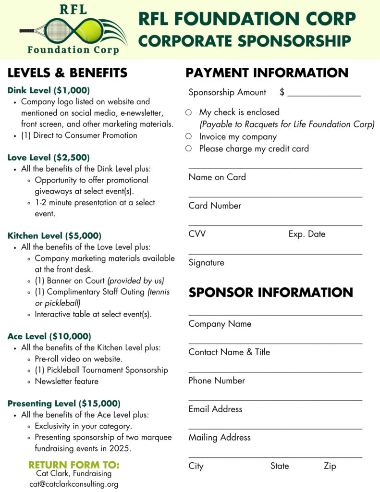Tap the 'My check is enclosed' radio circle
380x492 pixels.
pyautogui.click(x=189, y=112)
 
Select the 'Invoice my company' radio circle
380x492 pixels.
pyautogui.click(x=189, y=136)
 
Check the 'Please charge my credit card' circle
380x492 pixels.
pyautogui.click(x=189, y=148)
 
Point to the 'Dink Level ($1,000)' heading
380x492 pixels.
pyautogui.click(x=49, y=90)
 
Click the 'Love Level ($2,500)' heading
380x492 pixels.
pyautogui.click(x=49, y=157)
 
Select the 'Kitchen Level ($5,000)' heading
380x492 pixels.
pyautogui.click(x=54, y=235)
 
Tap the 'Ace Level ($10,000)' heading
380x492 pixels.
pyautogui.click(x=49, y=336)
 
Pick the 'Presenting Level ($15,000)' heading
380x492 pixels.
pyautogui.click(x=64, y=403)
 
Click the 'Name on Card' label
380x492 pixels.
pyautogui.click(x=217, y=177)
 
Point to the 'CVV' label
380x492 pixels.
pyautogui.click(x=197, y=234)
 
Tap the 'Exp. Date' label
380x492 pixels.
pyautogui.click(x=307, y=234)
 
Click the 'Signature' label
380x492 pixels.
pyautogui.click(x=206, y=262)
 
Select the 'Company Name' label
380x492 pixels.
pyautogui.click(x=220, y=323)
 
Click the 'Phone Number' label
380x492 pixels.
pyautogui.click(x=217, y=380)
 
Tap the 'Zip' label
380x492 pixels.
pyautogui.click(x=330, y=466)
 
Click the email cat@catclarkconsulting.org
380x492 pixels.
pyautogui.click(x=74, y=484)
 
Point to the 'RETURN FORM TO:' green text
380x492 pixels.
pyautogui.click(x=74, y=465)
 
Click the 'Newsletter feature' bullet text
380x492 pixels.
pyautogui.click(x=66, y=381)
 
